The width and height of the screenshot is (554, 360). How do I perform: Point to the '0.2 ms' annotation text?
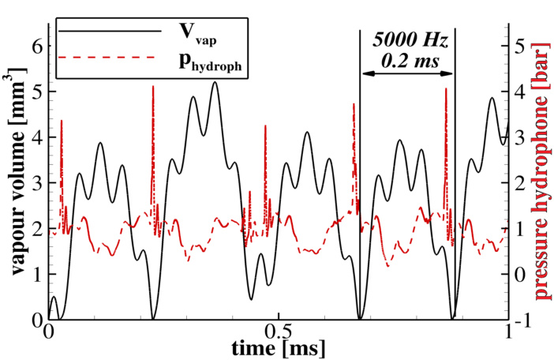click(x=408, y=60)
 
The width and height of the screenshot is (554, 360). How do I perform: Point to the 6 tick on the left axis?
click(x=35, y=46)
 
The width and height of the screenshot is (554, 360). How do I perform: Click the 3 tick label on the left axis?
click(x=35, y=183)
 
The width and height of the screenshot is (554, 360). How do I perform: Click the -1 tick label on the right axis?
click(x=520, y=319)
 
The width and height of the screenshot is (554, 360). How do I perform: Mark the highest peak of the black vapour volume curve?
click(x=214, y=83)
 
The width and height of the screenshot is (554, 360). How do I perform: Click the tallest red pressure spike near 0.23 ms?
click(x=153, y=87)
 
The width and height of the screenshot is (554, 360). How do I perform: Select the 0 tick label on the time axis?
click(x=49, y=329)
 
